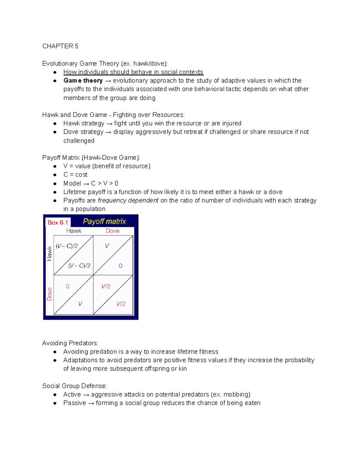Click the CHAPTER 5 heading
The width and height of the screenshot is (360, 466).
60,46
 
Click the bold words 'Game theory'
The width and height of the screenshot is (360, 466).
83,81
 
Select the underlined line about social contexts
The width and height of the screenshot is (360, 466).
133,72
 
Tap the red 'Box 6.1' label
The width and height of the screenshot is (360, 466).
58,223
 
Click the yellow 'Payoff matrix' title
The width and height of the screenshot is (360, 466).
104,221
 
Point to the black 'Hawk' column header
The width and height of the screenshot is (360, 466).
74,231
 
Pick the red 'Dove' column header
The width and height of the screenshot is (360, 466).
112,231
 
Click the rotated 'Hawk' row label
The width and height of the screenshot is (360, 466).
49,253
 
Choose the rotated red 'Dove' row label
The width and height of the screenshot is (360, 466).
49,294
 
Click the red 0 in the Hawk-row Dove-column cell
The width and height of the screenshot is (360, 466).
120,266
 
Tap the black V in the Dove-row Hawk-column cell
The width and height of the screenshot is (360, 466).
80,304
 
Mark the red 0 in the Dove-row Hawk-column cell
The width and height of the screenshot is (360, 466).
67,287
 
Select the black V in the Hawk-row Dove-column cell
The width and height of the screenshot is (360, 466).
107,246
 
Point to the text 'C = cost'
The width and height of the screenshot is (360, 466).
75,175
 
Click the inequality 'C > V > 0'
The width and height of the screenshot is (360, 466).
105,183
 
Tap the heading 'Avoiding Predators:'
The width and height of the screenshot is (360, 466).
70,343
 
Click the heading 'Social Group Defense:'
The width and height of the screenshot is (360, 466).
74,386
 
